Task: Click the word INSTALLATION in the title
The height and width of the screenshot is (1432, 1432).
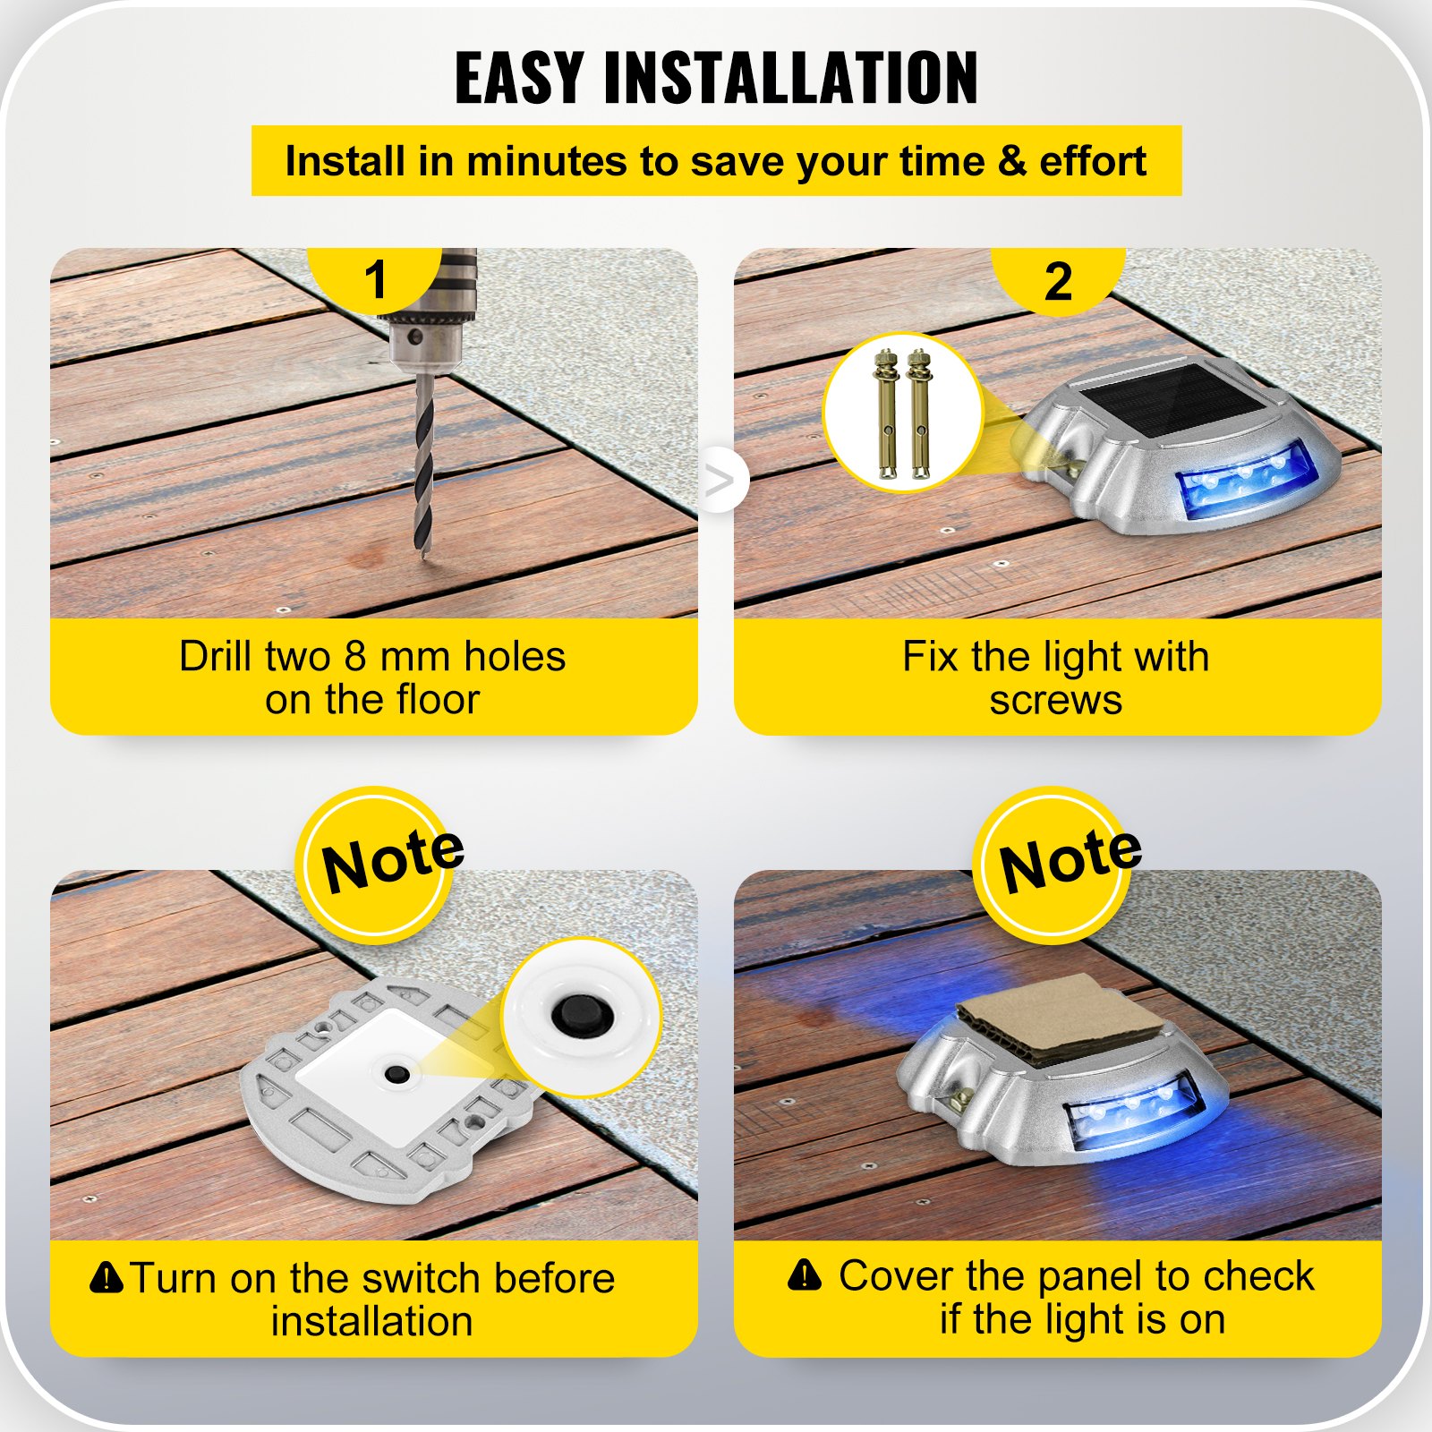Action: (x=791, y=79)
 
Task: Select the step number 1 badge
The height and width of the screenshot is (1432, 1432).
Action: (x=375, y=279)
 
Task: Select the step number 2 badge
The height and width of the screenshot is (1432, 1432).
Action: (x=1058, y=281)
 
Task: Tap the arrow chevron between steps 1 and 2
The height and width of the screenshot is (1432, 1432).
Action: (x=720, y=482)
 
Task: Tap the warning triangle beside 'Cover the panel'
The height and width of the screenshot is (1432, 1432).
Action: (x=805, y=1274)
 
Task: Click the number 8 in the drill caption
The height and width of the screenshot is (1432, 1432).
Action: (x=355, y=657)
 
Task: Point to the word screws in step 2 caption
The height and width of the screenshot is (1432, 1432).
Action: (x=1055, y=700)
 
